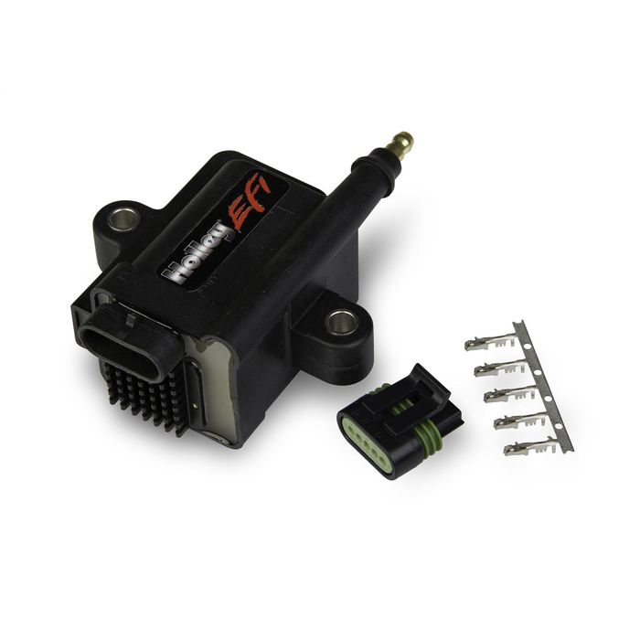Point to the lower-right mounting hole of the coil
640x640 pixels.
343,321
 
